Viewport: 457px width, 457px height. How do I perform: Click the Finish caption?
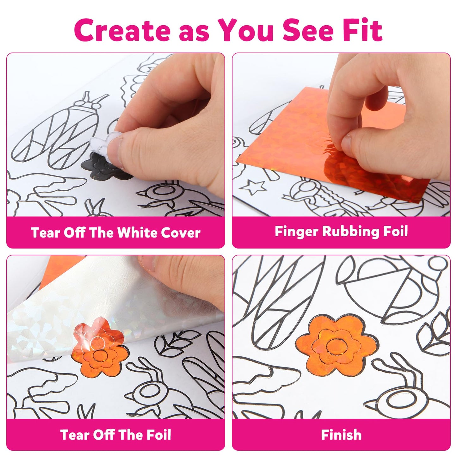[341, 435]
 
